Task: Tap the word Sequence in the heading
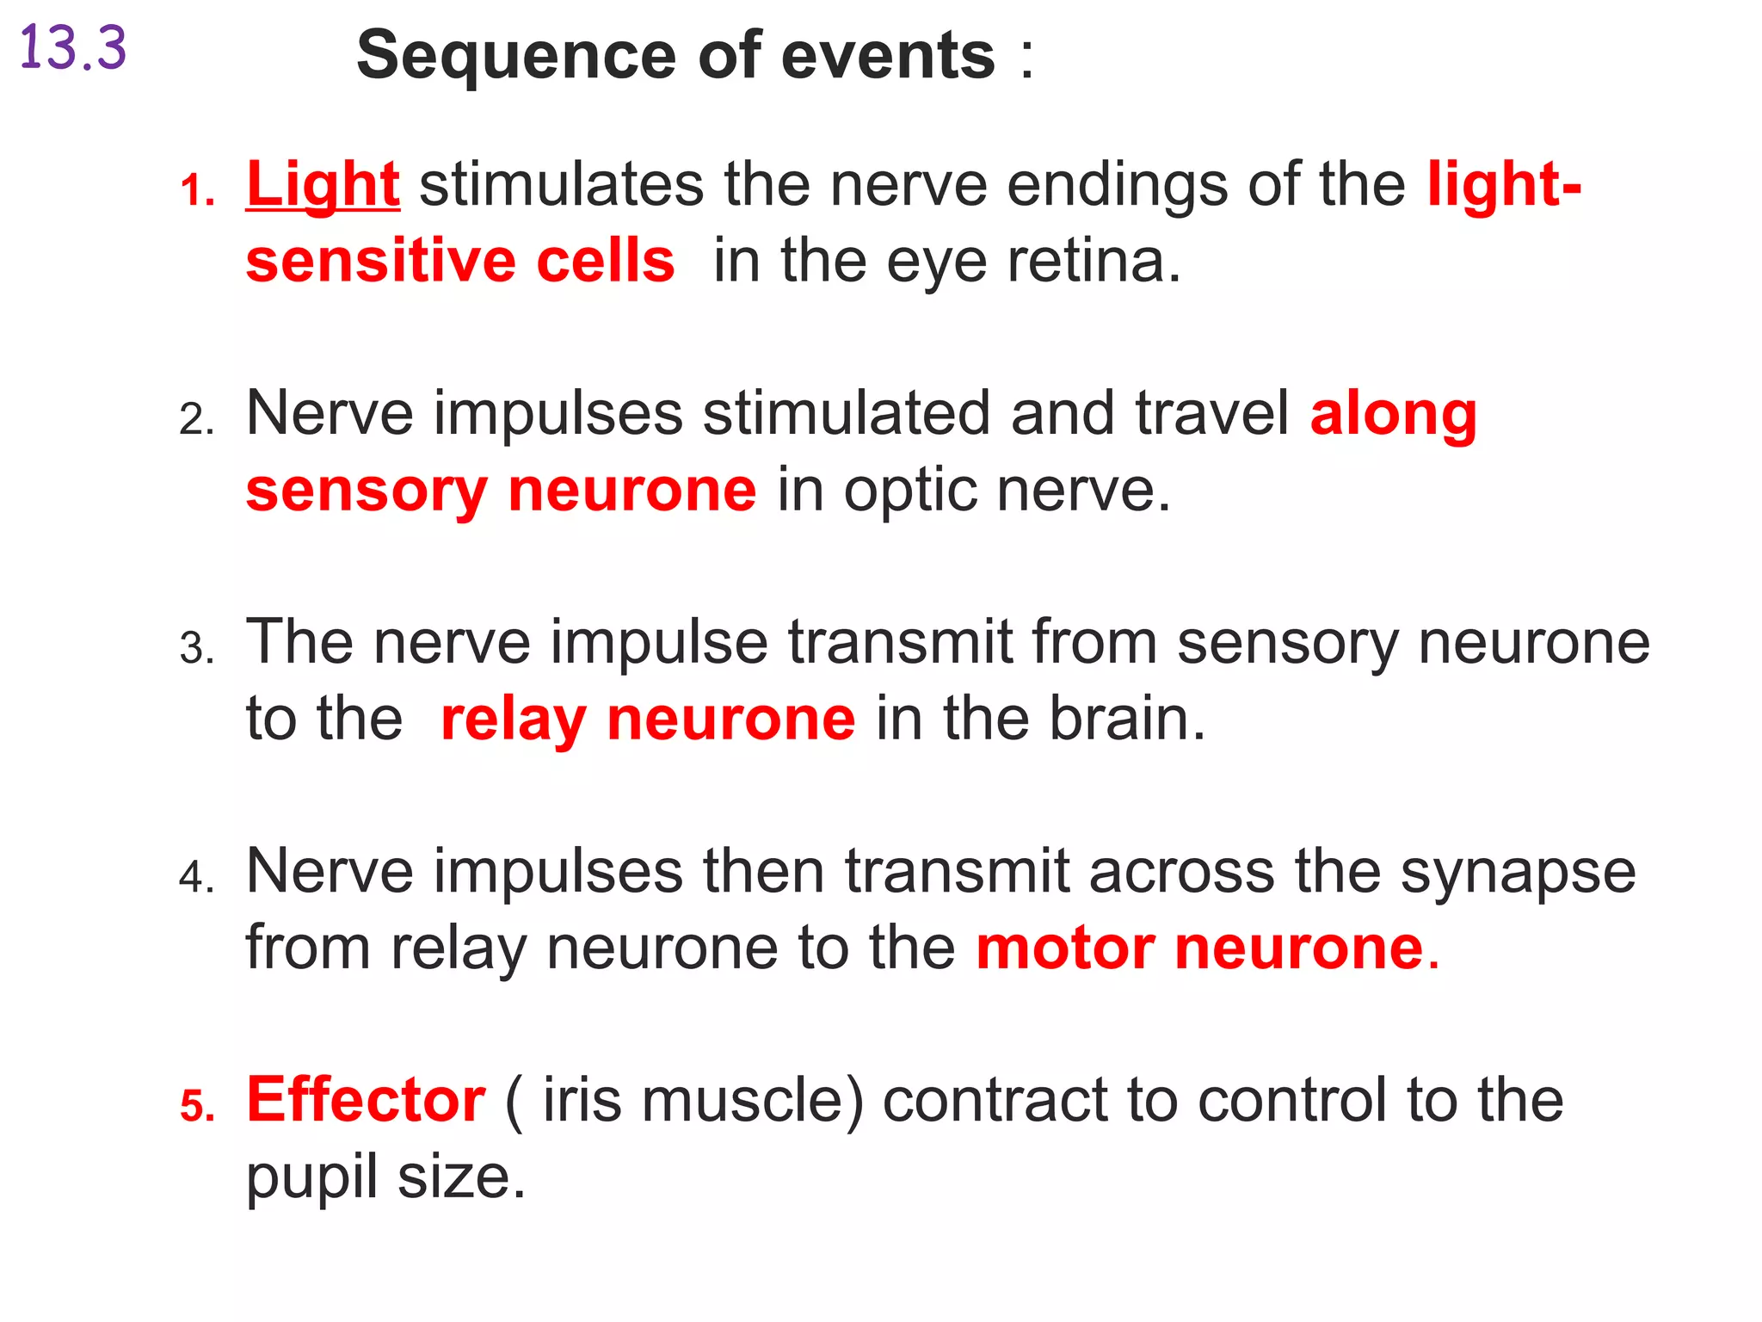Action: pyautogui.click(x=516, y=56)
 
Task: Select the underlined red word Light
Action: pyautogui.click(x=323, y=185)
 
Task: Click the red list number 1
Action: pyautogui.click(x=196, y=191)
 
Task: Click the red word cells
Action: pyautogui.click(x=606, y=262)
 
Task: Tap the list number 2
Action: pyautogui.click(x=196, y=421)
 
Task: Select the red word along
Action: pyautogui.click(x=1393, y=414)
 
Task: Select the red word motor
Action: pyautogui.click(x=1065, y=948)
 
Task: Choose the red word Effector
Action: pyautogui.click(x=366, y=1101)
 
